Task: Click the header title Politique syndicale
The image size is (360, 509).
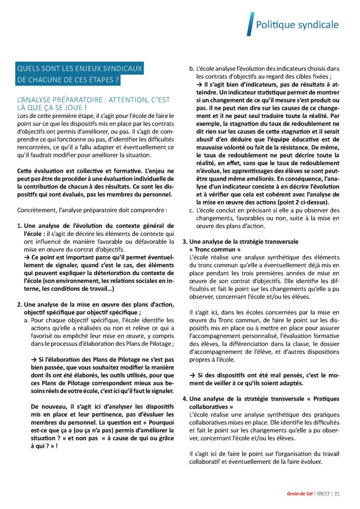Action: click(x=297, y=25)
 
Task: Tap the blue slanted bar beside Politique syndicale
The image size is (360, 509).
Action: click(x=250, y=24)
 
